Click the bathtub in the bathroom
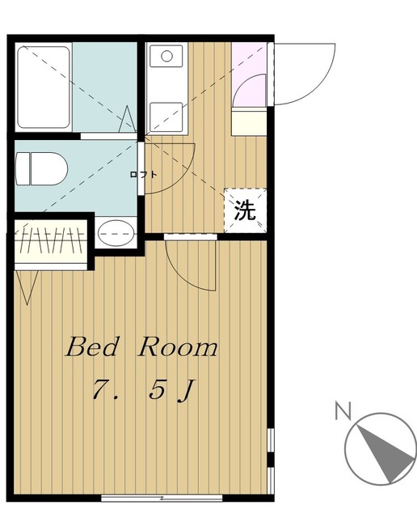(x=44, y=87)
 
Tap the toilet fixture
(x=40, y=168)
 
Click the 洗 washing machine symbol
(x=245, y=210)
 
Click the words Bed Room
(x=141, y=348)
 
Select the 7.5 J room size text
(x=141, y=391)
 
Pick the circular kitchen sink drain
(x=166, y=57)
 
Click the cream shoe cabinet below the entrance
(x=248, y=123)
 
